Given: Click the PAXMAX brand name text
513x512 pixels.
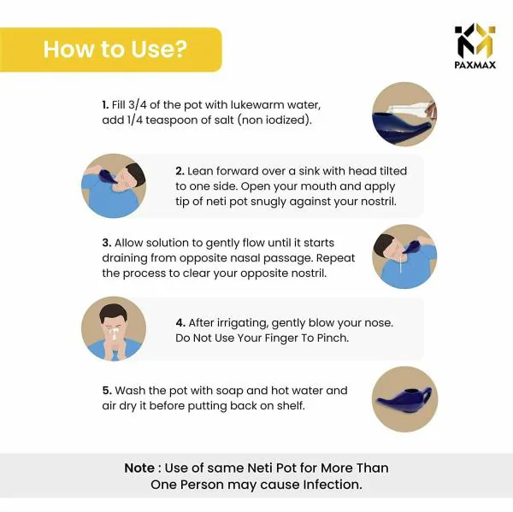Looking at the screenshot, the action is (475, 65).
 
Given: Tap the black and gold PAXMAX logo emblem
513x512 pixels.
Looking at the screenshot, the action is (475, 40).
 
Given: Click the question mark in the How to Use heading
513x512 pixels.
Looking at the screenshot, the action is (180, 49).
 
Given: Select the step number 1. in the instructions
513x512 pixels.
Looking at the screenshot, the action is (105, 105).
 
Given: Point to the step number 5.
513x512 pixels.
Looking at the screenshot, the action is (107, 391).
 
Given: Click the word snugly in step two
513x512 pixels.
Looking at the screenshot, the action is (268, 203).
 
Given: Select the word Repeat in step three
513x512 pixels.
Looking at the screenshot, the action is (336, 258).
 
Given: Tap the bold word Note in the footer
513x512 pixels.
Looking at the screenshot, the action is (139, 468).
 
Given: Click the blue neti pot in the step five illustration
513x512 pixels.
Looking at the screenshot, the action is (404, 400).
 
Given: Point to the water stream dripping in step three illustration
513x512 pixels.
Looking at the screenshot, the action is (401, 264).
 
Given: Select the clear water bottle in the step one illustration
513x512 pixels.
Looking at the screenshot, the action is (409, 109).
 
